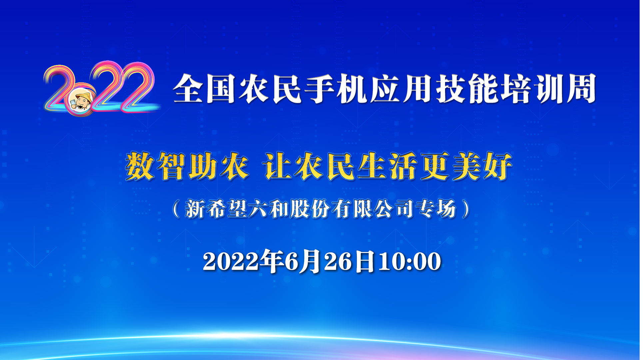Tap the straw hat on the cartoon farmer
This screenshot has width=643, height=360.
pos(83,96)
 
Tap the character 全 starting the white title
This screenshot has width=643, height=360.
pos(189,89)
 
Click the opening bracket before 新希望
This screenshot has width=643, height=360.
pos(176,209)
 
